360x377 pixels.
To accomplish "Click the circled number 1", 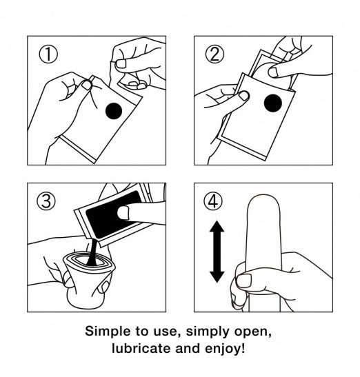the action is (48, 54).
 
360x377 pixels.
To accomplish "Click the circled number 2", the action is (214, 54).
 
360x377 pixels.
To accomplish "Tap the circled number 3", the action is (46, 201).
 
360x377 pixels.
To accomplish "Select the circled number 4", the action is (213, 201).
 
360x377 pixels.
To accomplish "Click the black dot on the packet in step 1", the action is (114, 111).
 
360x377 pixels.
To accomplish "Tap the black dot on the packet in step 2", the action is (272, 103).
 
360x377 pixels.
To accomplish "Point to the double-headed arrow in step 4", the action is (217, 252).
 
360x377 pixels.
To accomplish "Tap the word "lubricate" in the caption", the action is (142, 348).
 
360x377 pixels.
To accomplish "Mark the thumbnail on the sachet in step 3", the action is (123, 212).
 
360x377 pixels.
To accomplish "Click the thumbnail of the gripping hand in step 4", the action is (244, 281).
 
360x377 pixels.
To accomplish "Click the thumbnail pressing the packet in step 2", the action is (243, 95).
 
